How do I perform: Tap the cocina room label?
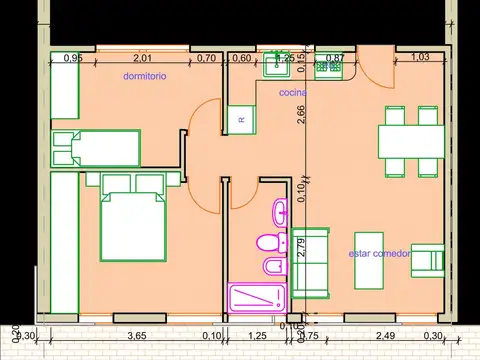[292, 92]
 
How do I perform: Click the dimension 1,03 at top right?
[421, 58]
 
